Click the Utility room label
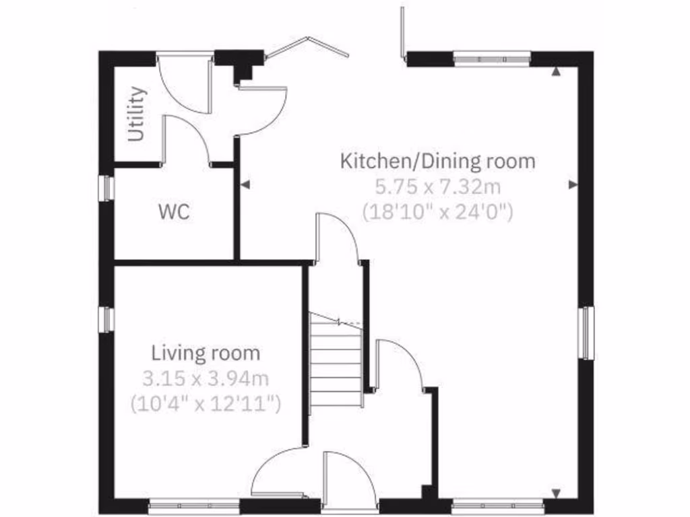pyautogui.click(x=137, y=114)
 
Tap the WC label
pyautogui.click(x=174, y=213)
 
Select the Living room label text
pyautogui.click(x=206, y=353)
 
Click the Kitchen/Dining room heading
pyautogui.click(x=438, y=162)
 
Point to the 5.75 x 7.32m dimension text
pyautogui.click(x=438, y=186)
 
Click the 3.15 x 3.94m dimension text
pyautogui.click(x=206, y=378)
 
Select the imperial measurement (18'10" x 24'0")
pyautogui.click(x=438, y=212)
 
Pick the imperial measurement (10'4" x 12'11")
pyautogui.click(x=206, y=403)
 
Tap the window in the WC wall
pyautogui.click(x=106, y=188)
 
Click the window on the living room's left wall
pyautogui.click(x=106, y=319)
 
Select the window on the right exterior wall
pyautogui.click(x=588, y=333)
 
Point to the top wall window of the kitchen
pyautogui.click(x=492, y=59)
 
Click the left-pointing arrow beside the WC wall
pyautogui.click(x=245, y=184)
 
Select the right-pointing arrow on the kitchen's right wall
pyautogui.click(x=573, y=184)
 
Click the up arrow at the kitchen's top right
pyautogui.click(x=556, y=70)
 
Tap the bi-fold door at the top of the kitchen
pyautogui.click(x=307, y=47)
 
